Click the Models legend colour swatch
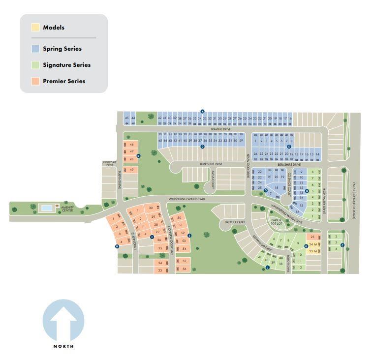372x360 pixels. click(x=35, y=28)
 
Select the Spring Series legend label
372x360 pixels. click(x=62, y=49)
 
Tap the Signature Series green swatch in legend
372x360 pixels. click(x=35, y=65)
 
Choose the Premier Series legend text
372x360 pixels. click(x=64, y=81)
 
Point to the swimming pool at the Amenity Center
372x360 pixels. click(x=47, y=209)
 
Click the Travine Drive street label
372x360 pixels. click(x=220, y=129)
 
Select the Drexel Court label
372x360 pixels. click(x=235, y=222)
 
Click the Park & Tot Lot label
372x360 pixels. click(x=276, y=222)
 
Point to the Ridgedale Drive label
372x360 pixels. click(x=109, y=164)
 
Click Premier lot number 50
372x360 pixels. click(x=179, y=217)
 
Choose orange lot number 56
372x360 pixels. click(x=184, y=269)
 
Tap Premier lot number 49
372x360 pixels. click(x=131, y=170)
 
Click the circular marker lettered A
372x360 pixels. click(x=202, y=112)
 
